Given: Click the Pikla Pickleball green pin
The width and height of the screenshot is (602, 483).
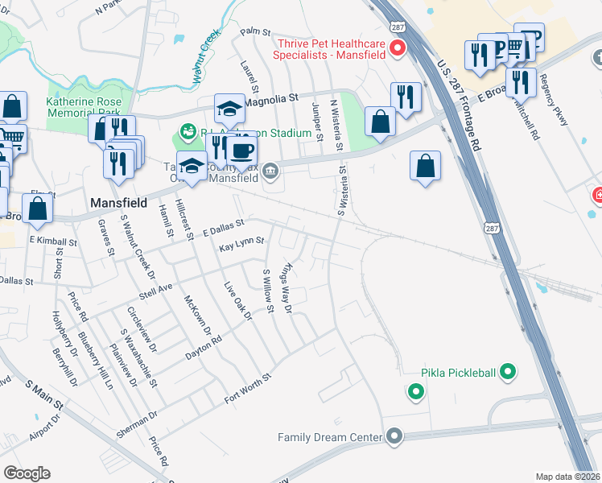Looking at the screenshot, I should (508, 373).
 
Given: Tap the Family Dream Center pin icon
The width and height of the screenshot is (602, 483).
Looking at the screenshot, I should (394, 437).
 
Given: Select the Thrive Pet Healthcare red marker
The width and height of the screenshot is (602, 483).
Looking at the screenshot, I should (397, 49).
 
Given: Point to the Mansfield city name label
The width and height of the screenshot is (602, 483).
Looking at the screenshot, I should (118, 203).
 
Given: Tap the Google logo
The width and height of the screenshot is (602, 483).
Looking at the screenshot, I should (27, 473).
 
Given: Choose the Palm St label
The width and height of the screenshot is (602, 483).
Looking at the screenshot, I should (255, 32).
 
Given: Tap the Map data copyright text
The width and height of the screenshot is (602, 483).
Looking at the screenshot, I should (568, 477).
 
